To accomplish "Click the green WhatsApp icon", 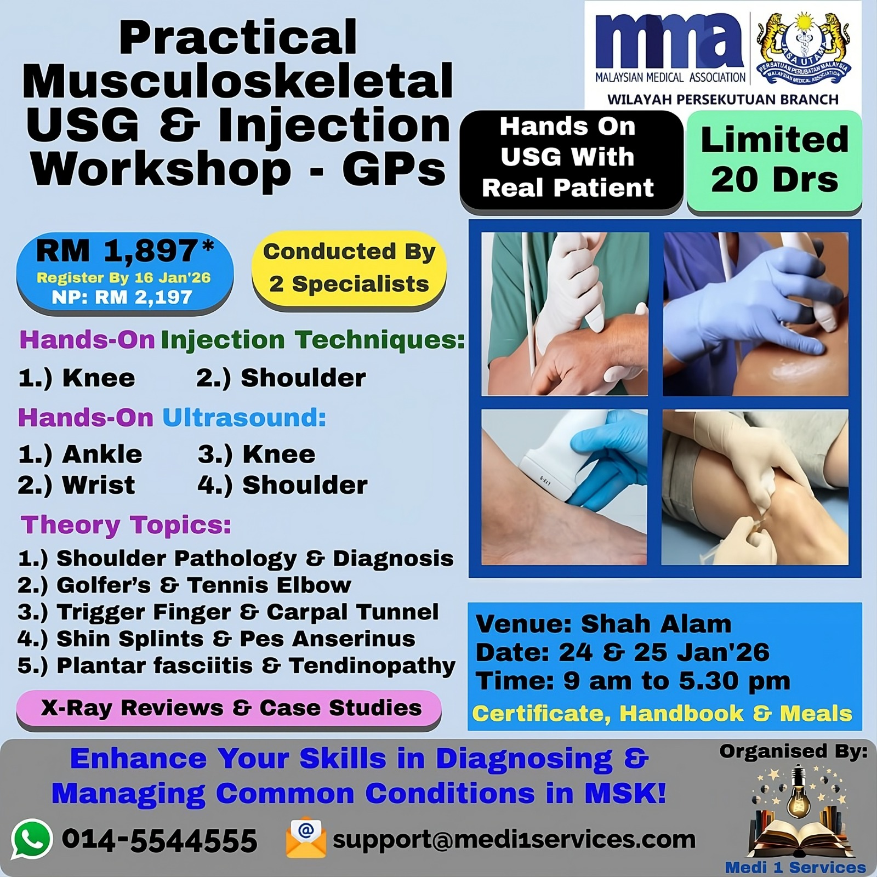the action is [x=32, y=839].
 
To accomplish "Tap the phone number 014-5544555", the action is [x=160, y=840].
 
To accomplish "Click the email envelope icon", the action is [x=306, y=838].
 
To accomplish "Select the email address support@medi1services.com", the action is [x=514, y=839].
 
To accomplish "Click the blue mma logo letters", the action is [x=669, y=41].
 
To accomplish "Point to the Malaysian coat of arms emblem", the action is [x=804, y=52].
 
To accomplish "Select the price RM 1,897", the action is [x=125, y=251].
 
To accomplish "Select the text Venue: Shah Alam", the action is [x=603, y=624].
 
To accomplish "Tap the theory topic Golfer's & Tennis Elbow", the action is [x=184, y=585].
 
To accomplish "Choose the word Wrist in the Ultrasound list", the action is [x=99, y=485].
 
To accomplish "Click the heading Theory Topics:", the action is [x=126, y=525].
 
